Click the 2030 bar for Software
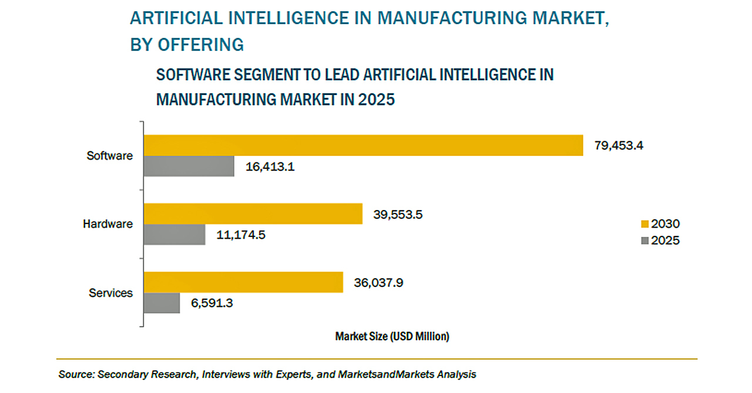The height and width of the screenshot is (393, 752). pyautogui.click(x=363, y=145)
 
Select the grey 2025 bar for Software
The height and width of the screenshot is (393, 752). pyautogui.click(x=189, y=167)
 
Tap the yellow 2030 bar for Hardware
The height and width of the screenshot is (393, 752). pyautogui.click(x=253, y=214)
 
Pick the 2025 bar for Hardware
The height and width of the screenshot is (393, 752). pyautogui.click(x=174, y=235)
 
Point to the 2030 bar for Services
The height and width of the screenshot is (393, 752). pyautogui.click(x=243, y=282)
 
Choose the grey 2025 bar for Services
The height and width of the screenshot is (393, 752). pyautogui.click(x=162, y=303)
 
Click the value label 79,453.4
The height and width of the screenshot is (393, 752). pyautogui.click(x=619, y=145)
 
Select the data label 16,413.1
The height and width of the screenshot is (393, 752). pyautogui.click(x=269, y=167)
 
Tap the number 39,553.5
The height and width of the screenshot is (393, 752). pyautogui.click(x=398, y=214)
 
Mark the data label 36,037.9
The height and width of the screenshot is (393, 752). pyautogui.click(x=378, y=283)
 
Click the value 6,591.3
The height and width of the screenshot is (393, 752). pyautogui.click(x=211, y=303)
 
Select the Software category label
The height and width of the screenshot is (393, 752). pyautogui.click(x=110, y=156)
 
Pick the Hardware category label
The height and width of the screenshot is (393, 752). pyautogui.click(x=108, y=224)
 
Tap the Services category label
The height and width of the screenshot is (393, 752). pyautogui.click(x=110, y=293)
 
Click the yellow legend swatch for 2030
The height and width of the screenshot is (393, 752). pyautogui.click(x=644, y=224)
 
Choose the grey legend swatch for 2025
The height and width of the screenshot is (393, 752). pyautogui.click(x=644, y=240)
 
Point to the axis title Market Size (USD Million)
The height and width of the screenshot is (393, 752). pyautogui.click(x=392, y=337)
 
